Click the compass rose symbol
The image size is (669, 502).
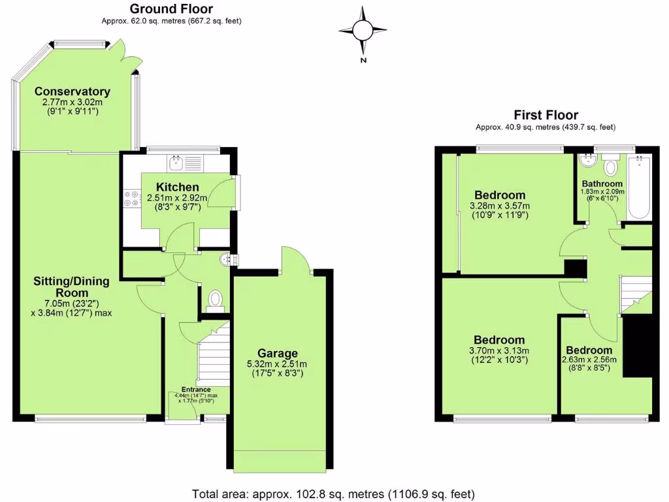363,29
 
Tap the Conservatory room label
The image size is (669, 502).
72,92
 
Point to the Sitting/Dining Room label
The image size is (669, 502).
72,286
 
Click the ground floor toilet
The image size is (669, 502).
215,299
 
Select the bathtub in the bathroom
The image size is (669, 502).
638,188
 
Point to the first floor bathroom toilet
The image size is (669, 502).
611,165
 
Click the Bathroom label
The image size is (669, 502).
602,184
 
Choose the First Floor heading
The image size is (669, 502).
546,116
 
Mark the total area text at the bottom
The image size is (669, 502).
333,494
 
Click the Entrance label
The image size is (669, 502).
195,390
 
